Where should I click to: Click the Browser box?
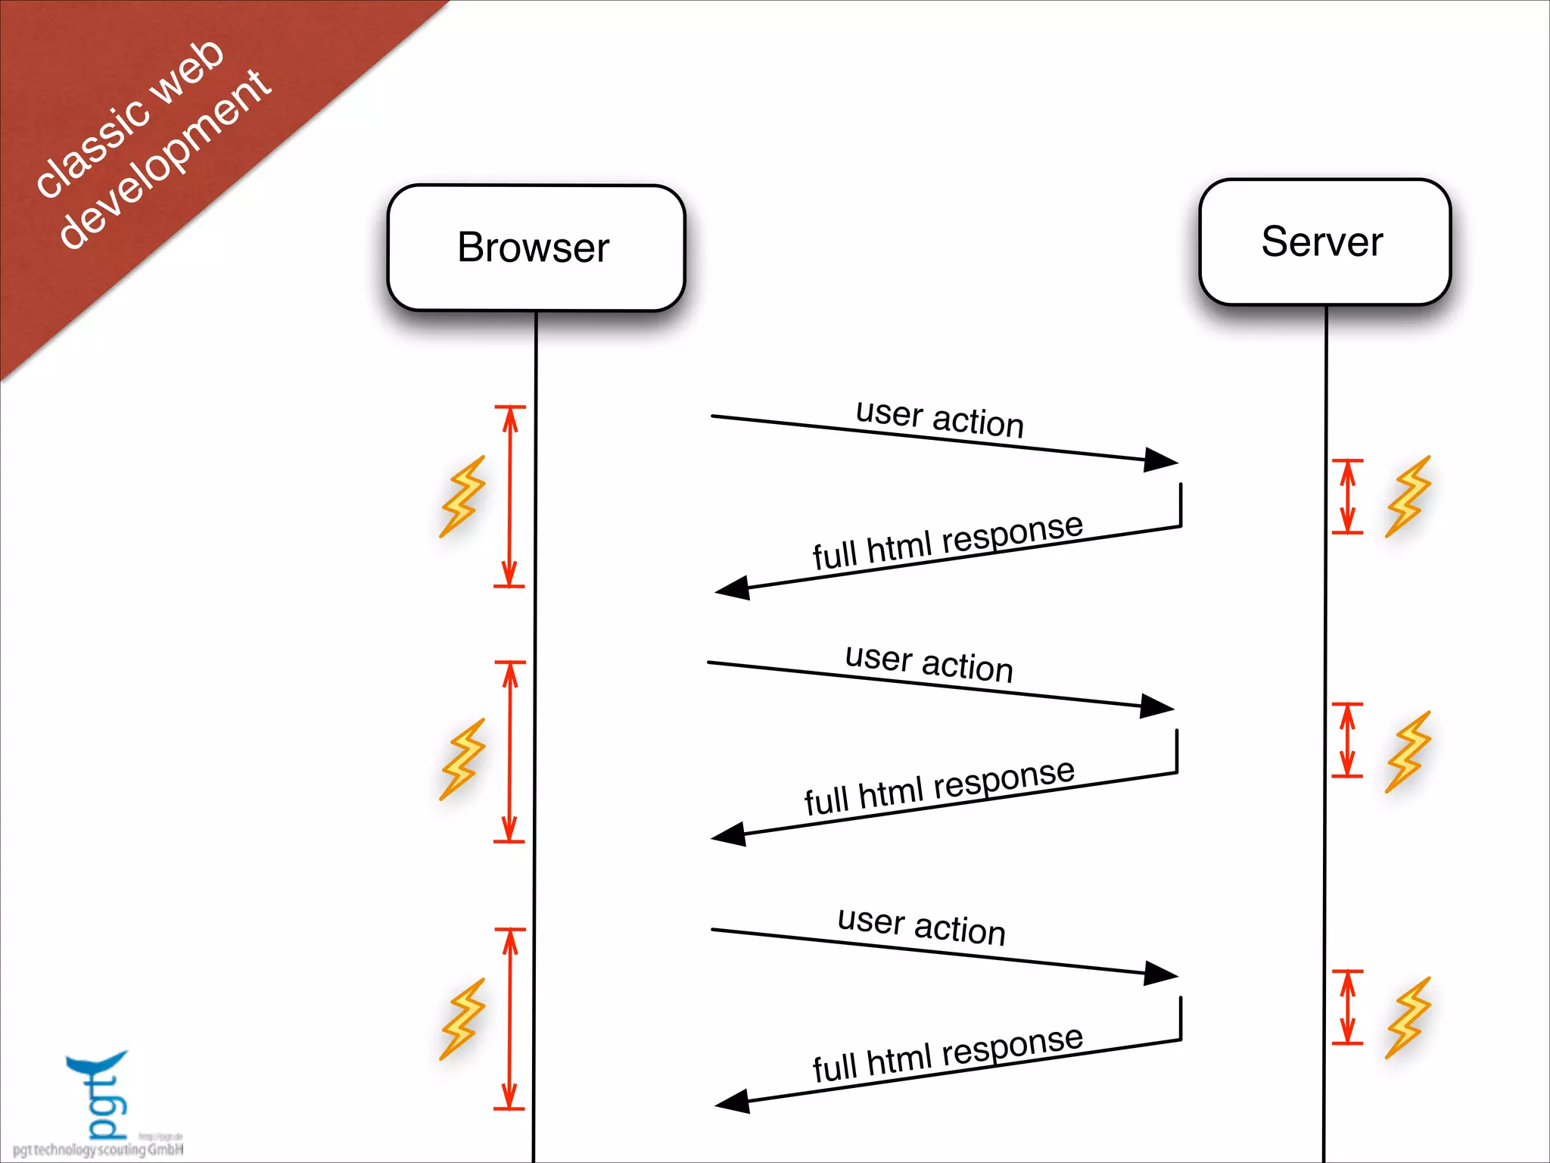(x=535, y=248)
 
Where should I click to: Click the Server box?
(x=1324, y=242)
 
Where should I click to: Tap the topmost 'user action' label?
(x=939, y=418)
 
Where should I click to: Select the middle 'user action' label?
(x=929, y=663)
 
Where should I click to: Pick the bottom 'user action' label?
(x=921, y=925)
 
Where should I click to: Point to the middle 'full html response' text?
(x=938, y=787)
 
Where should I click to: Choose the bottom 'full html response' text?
(x=947, y=1054)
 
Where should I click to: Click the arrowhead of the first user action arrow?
(x=1161, y=460)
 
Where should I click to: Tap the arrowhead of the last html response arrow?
(x=733, y=1102)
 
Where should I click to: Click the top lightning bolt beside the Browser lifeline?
(x=462, y=497)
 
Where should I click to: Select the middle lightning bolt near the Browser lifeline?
(x=462, y=759)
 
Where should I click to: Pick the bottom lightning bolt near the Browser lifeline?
(x=462, y=1019)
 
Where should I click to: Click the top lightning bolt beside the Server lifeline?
(x=1408, y=497)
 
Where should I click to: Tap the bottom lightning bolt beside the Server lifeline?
(x=1408, y=1018)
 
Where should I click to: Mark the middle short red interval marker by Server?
(x=1347, y=740)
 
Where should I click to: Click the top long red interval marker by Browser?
(x=510, y=496)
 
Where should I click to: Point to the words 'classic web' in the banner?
(x=130, y=119)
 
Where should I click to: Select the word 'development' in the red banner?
(x=165, y=159)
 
